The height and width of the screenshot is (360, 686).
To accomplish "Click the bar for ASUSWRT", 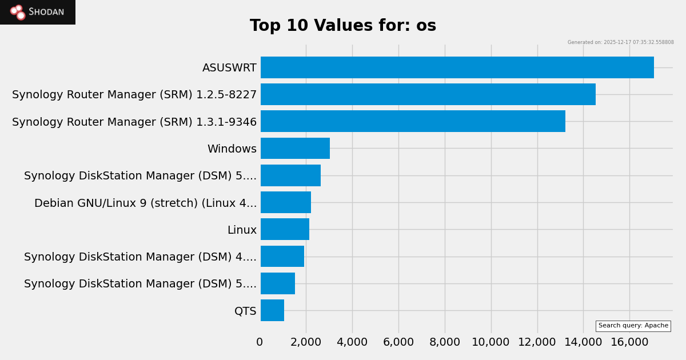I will [x=457, y=67].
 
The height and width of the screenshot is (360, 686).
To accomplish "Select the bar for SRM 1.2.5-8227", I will [x=428, y=94].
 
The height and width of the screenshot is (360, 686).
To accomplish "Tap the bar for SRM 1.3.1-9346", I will [x=413, y=121].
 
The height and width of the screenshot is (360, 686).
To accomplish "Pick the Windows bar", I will [x=295, y=149].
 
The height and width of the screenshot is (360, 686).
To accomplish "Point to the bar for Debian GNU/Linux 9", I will [x=286, y=202].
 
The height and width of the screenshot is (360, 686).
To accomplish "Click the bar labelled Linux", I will [x=285, y=229].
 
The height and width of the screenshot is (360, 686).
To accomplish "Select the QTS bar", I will [x=272, y=310].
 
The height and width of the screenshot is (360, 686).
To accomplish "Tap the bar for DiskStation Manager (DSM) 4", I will [x=282, y=257].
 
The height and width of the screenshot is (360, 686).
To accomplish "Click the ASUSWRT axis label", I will [x=229, y=68].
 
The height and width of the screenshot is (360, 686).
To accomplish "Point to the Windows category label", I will [x=232, y=149].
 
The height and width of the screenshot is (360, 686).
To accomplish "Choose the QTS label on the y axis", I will [x=245, y=311].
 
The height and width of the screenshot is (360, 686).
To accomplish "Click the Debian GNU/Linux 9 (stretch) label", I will [x=145, y=203].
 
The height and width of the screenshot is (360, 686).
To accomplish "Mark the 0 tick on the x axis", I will [x=260, y=342].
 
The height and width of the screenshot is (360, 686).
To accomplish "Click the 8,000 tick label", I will [x=444, y=342].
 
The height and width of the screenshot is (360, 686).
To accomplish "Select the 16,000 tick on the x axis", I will [x=629, y=342].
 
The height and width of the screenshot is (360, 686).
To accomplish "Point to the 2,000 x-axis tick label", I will [x=305, y=342].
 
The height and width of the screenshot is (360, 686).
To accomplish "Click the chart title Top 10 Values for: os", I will [x=343, y=26].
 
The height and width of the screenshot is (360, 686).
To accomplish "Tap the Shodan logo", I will [x=38, y=12].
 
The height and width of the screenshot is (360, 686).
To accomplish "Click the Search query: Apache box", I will [x=633, y=326].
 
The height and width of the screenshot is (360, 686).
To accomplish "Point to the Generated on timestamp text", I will [x=620, y=42].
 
